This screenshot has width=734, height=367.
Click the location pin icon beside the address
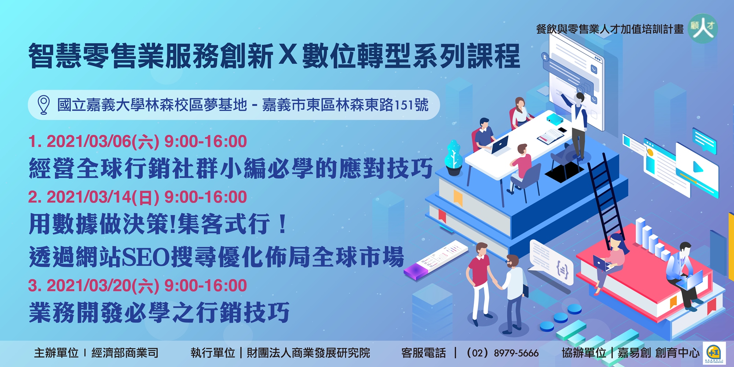pyautogui.click(x=44, y=105)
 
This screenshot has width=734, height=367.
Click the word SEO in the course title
pyautogui.click(x=146, y=257)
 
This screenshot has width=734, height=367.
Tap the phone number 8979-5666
pyautogui.click(x=516, y=353)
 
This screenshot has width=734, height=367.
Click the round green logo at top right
pyautogui.click(x=703, y=28)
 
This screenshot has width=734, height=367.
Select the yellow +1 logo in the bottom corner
pyautogui.click(x=714, y=353)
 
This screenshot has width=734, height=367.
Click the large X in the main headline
pyautogui.click(x=288, y=55)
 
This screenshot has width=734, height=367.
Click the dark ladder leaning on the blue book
pyautogui.click(x=606, y=198)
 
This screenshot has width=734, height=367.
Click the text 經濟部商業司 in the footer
pyautogui.click(x=125, y=353)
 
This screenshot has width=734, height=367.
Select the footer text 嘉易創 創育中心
pyautogui.click(x=658, y=353)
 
